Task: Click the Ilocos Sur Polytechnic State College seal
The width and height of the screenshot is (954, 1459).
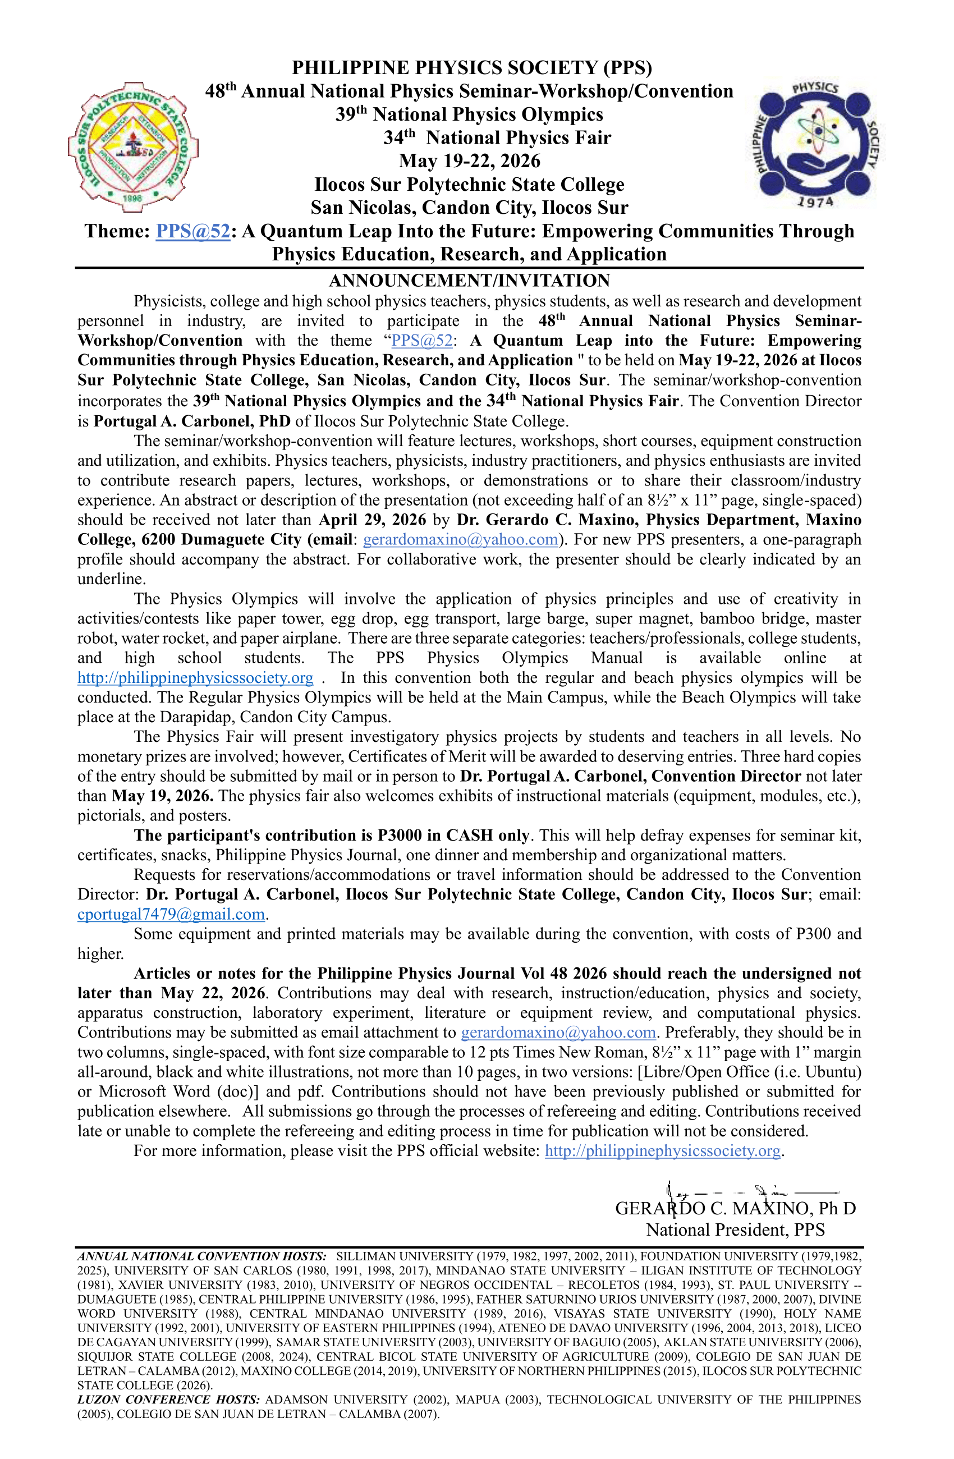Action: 132,147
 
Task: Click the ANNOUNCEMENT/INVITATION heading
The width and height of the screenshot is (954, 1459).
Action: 469,281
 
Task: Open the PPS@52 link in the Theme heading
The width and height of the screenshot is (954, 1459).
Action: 192,231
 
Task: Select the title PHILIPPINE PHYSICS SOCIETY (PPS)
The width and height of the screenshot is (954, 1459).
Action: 471,67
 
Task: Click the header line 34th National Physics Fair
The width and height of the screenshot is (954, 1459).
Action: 497,138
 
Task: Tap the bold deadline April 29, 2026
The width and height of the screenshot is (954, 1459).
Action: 372,520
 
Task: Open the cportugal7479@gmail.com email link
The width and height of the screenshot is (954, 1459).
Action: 171,914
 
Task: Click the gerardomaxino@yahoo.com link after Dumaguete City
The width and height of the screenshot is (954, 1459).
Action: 461,539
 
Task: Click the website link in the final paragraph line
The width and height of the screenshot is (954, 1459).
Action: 662,1151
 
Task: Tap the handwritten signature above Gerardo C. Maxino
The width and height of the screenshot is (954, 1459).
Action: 754,1191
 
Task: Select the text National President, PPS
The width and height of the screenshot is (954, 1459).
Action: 735,1229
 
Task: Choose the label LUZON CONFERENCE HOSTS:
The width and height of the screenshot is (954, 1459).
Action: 168,1400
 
